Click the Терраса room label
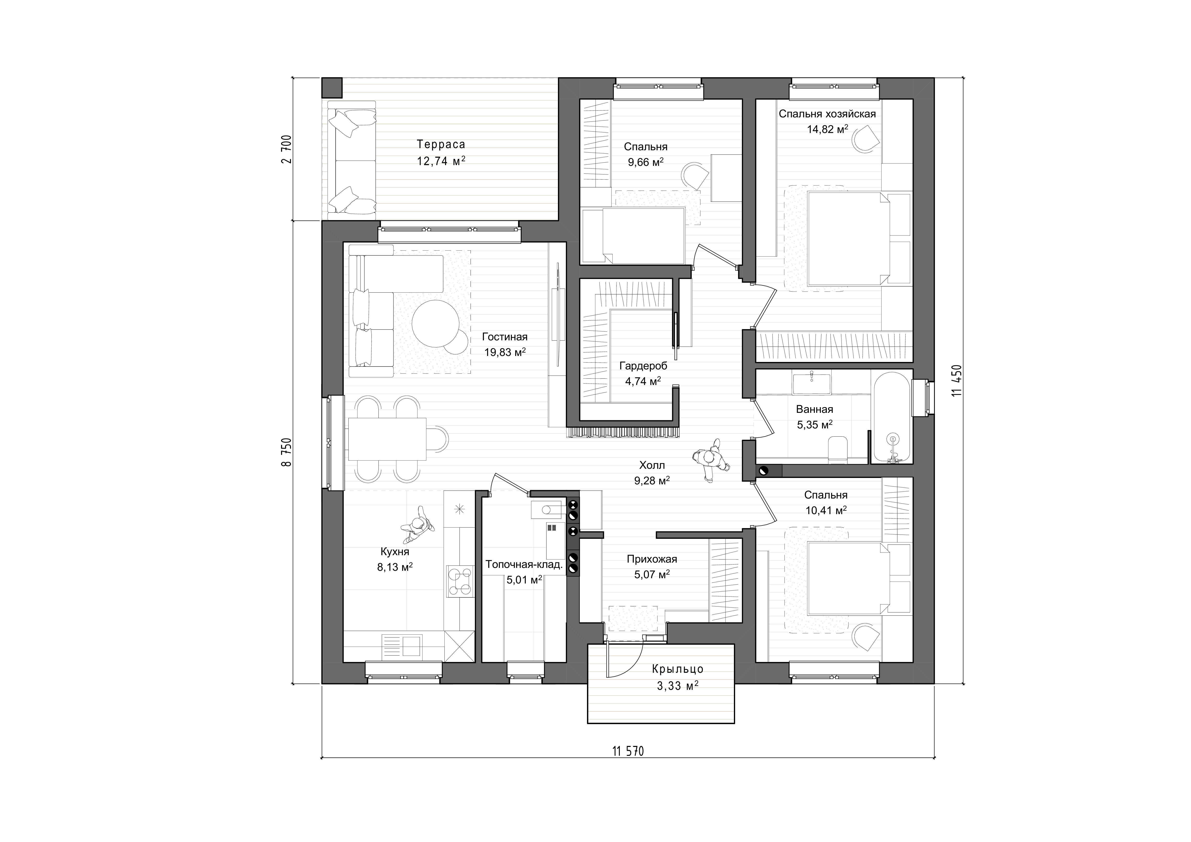[x=441, y=144]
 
